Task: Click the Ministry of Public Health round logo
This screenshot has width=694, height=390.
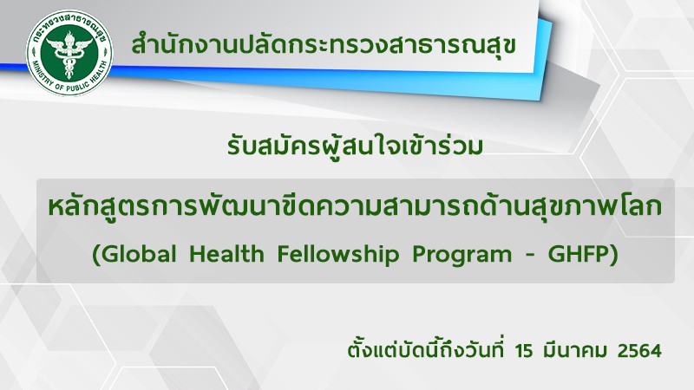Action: click(69, 53)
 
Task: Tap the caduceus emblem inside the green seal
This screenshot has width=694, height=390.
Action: click(69, 54)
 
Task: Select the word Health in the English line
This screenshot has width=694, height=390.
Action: click(226, 254)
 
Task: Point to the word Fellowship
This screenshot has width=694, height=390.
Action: click(338, 256)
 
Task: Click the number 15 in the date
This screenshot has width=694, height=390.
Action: click(524, 351)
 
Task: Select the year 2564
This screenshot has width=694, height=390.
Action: click(639, 351)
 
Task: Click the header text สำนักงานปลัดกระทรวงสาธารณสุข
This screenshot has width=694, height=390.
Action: click(324, 46)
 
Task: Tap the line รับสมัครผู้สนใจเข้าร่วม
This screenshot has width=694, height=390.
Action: click(355, 146)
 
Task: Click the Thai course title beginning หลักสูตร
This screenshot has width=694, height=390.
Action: click(355, 208)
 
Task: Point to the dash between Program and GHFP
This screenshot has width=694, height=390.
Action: click(530, 256)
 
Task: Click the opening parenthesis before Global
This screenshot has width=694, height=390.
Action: click(95, 256)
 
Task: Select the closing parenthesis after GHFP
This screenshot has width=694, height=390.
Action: click(613, 256)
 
